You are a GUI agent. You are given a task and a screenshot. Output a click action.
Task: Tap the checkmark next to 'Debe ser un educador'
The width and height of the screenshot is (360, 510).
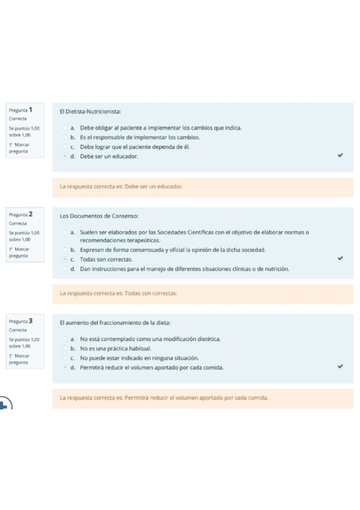pyautogui.click(x=340, y=155)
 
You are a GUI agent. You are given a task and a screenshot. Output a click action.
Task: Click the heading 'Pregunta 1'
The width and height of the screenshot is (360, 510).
pyautogui.click(x=21, y=110)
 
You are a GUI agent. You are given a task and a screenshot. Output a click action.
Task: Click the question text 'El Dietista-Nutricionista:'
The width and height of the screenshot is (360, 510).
pyautogui.click(x=90, y=111)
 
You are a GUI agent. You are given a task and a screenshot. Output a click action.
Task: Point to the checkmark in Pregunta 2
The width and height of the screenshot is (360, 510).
pyautogui.click(x=340, y=259)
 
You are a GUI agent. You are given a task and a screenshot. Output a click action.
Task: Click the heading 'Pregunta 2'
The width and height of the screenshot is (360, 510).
pyautogui.click(x=21, y=214)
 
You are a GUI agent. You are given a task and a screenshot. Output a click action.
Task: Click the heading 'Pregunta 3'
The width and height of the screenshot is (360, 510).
pyautogui.click(x=21, y=321)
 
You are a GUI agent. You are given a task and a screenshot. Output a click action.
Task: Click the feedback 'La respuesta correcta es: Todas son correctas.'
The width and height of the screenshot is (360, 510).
pyautogui.click(x=118, y=293)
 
